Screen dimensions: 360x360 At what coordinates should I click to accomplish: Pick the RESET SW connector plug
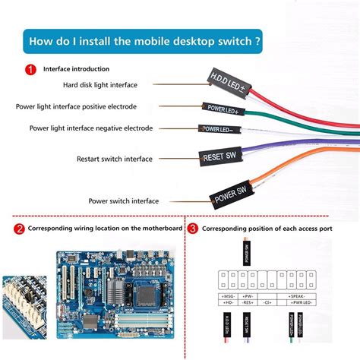point(221,157)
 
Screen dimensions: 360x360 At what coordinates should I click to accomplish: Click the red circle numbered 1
point(30,69)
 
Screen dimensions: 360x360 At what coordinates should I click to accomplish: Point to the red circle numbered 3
point(193,228)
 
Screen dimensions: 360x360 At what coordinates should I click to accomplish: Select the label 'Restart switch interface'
point(114,159)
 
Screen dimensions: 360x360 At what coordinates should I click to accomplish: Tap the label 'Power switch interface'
point(123,201)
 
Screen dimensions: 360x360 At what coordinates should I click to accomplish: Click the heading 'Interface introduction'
point(75,69)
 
